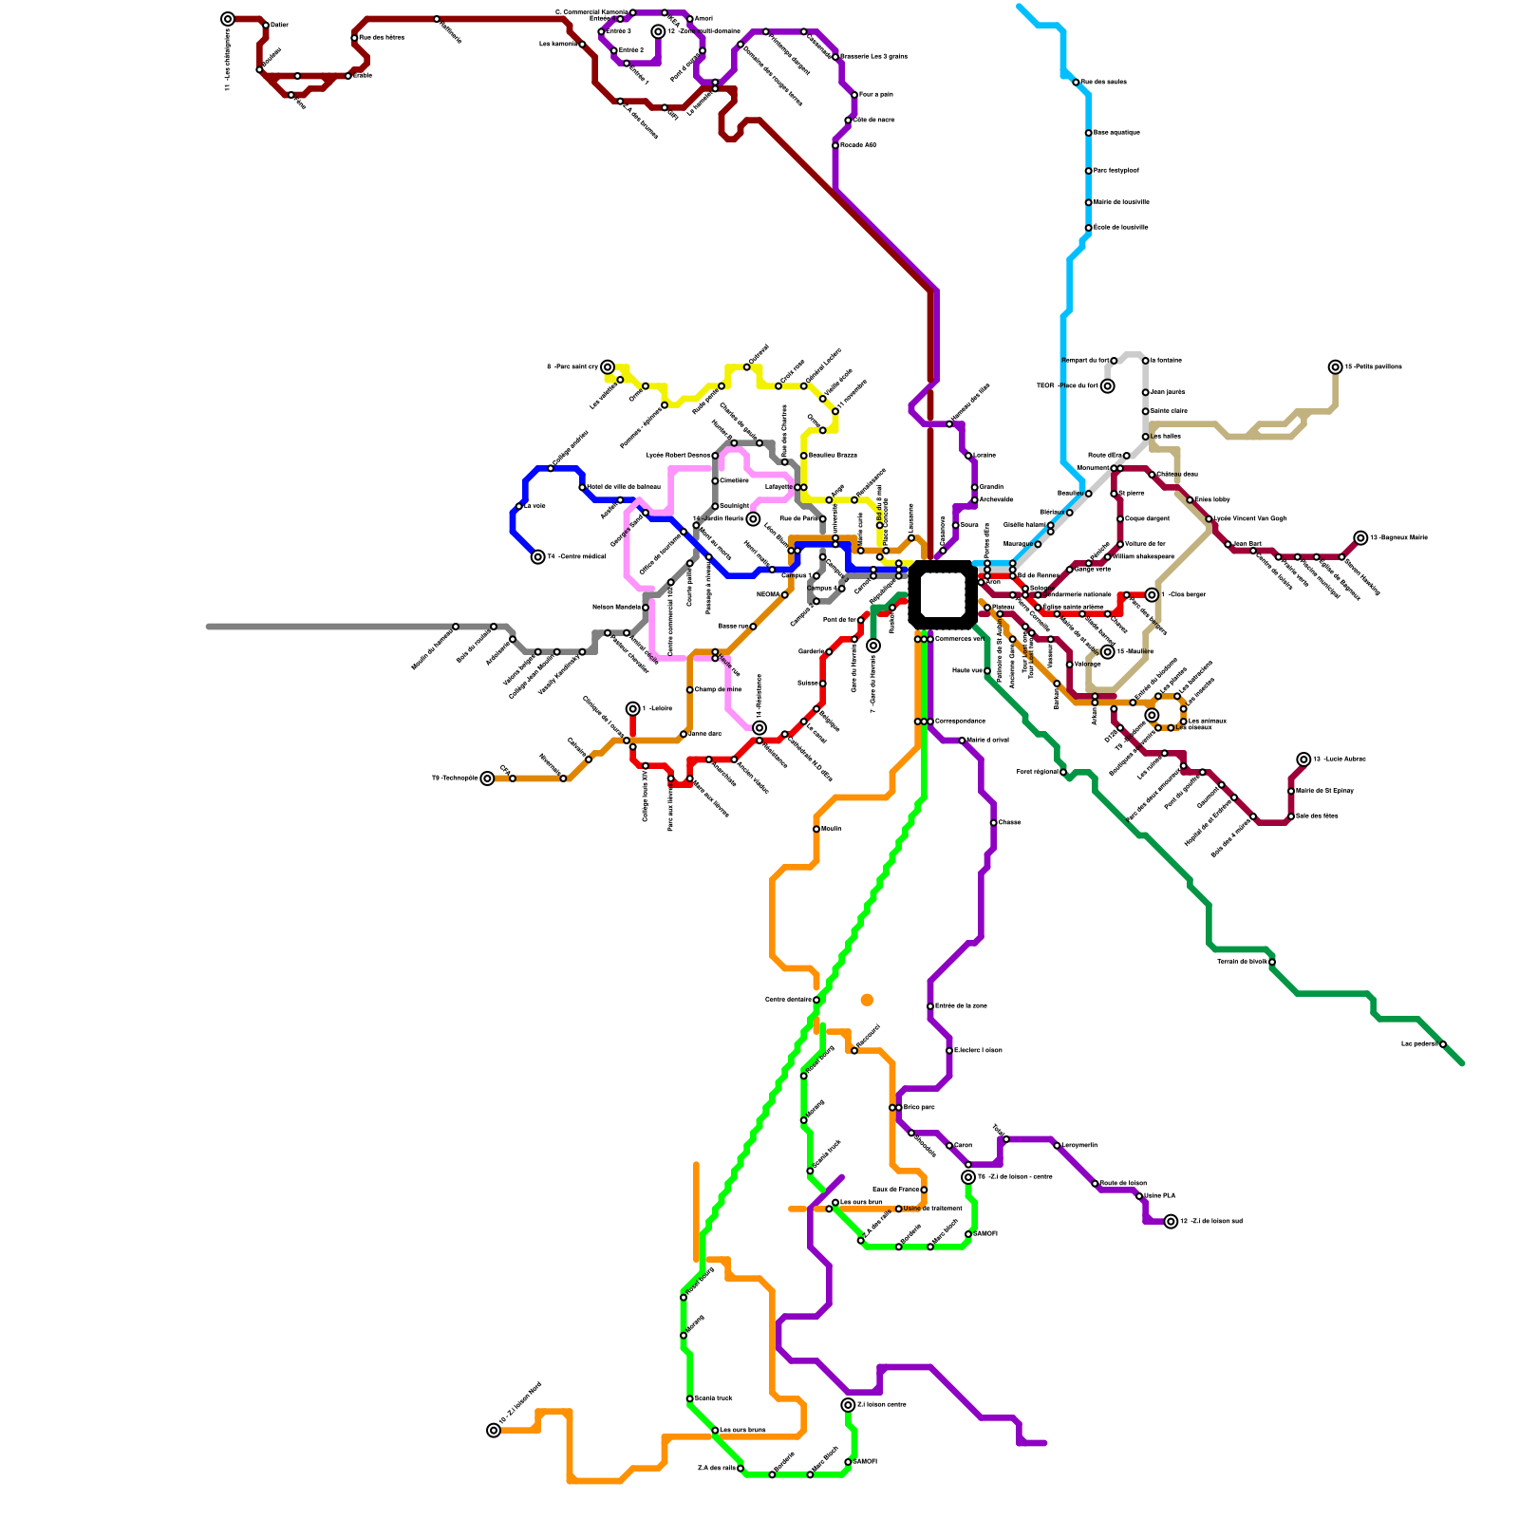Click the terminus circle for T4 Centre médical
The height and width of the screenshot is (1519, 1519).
click(538, 557)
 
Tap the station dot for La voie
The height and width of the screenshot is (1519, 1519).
click(519, 506)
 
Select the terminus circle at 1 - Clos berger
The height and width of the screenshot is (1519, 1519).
click(1152, 595)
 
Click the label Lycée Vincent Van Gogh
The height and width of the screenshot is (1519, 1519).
click(1250, 518)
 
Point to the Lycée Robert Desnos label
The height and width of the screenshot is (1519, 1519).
click(678, 456)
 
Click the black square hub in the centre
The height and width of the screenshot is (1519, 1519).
click(943, 594)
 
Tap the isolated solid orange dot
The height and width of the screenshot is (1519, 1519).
click(867, 1000)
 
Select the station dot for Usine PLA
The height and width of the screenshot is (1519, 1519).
click(1139, 1196)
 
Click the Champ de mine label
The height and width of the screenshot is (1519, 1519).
click(718, 689)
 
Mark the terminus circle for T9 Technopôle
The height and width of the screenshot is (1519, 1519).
click(488, 778)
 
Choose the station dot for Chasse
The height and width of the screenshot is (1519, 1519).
click(993, 823)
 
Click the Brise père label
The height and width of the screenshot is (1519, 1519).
click(918, 1107)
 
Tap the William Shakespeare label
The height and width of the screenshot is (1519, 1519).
click(1145, 556)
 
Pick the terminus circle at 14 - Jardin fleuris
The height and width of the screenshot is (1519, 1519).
click(753, 519)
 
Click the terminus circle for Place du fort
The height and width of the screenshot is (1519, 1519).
click(1108, 386)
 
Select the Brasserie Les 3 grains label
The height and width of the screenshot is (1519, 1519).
click(873, 57)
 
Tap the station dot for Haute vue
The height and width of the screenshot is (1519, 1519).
click(987, 671)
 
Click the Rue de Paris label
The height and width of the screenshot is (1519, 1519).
click(798, 518)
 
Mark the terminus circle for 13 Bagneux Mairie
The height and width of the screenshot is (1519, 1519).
click(1361, 538)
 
